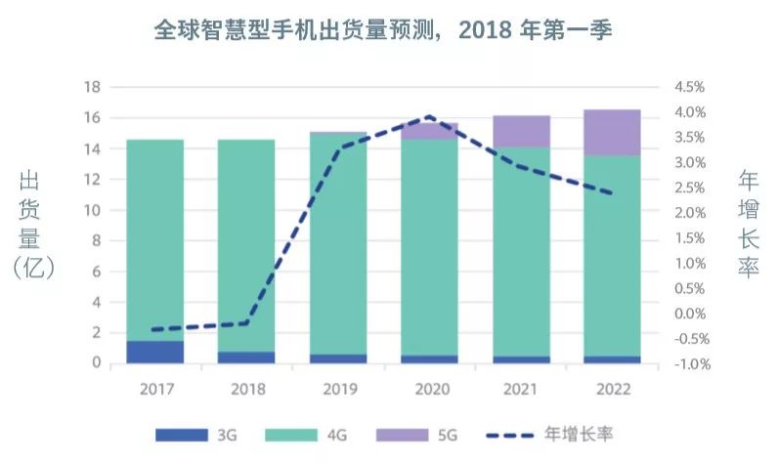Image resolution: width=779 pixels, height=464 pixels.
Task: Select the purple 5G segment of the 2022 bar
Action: click(x=612, y=132)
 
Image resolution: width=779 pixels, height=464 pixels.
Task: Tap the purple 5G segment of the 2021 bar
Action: click(x=521, y=131)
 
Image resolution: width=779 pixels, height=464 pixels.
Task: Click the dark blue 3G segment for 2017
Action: click(x=155, y=352)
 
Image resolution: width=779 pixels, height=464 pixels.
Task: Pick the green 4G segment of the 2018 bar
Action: click(x=245, y=244)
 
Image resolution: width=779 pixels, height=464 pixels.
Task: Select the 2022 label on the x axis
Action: click(x=612, y=389)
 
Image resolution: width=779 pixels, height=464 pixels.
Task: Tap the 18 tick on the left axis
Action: click(x=94, y=87)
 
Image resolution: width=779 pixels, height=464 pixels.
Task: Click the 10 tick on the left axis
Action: click(x=94, y=210)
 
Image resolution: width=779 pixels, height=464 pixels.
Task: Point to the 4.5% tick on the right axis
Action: click(x=689, y=87)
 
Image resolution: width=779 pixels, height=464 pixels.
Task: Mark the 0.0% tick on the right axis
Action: click(x=689, y=314)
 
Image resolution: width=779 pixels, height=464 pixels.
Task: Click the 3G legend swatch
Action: click(x=182, y=434)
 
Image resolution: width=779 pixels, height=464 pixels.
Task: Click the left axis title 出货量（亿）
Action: click(x=36, y=225)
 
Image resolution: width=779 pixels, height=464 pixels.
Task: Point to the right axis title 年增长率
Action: click(x=748, y=225)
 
